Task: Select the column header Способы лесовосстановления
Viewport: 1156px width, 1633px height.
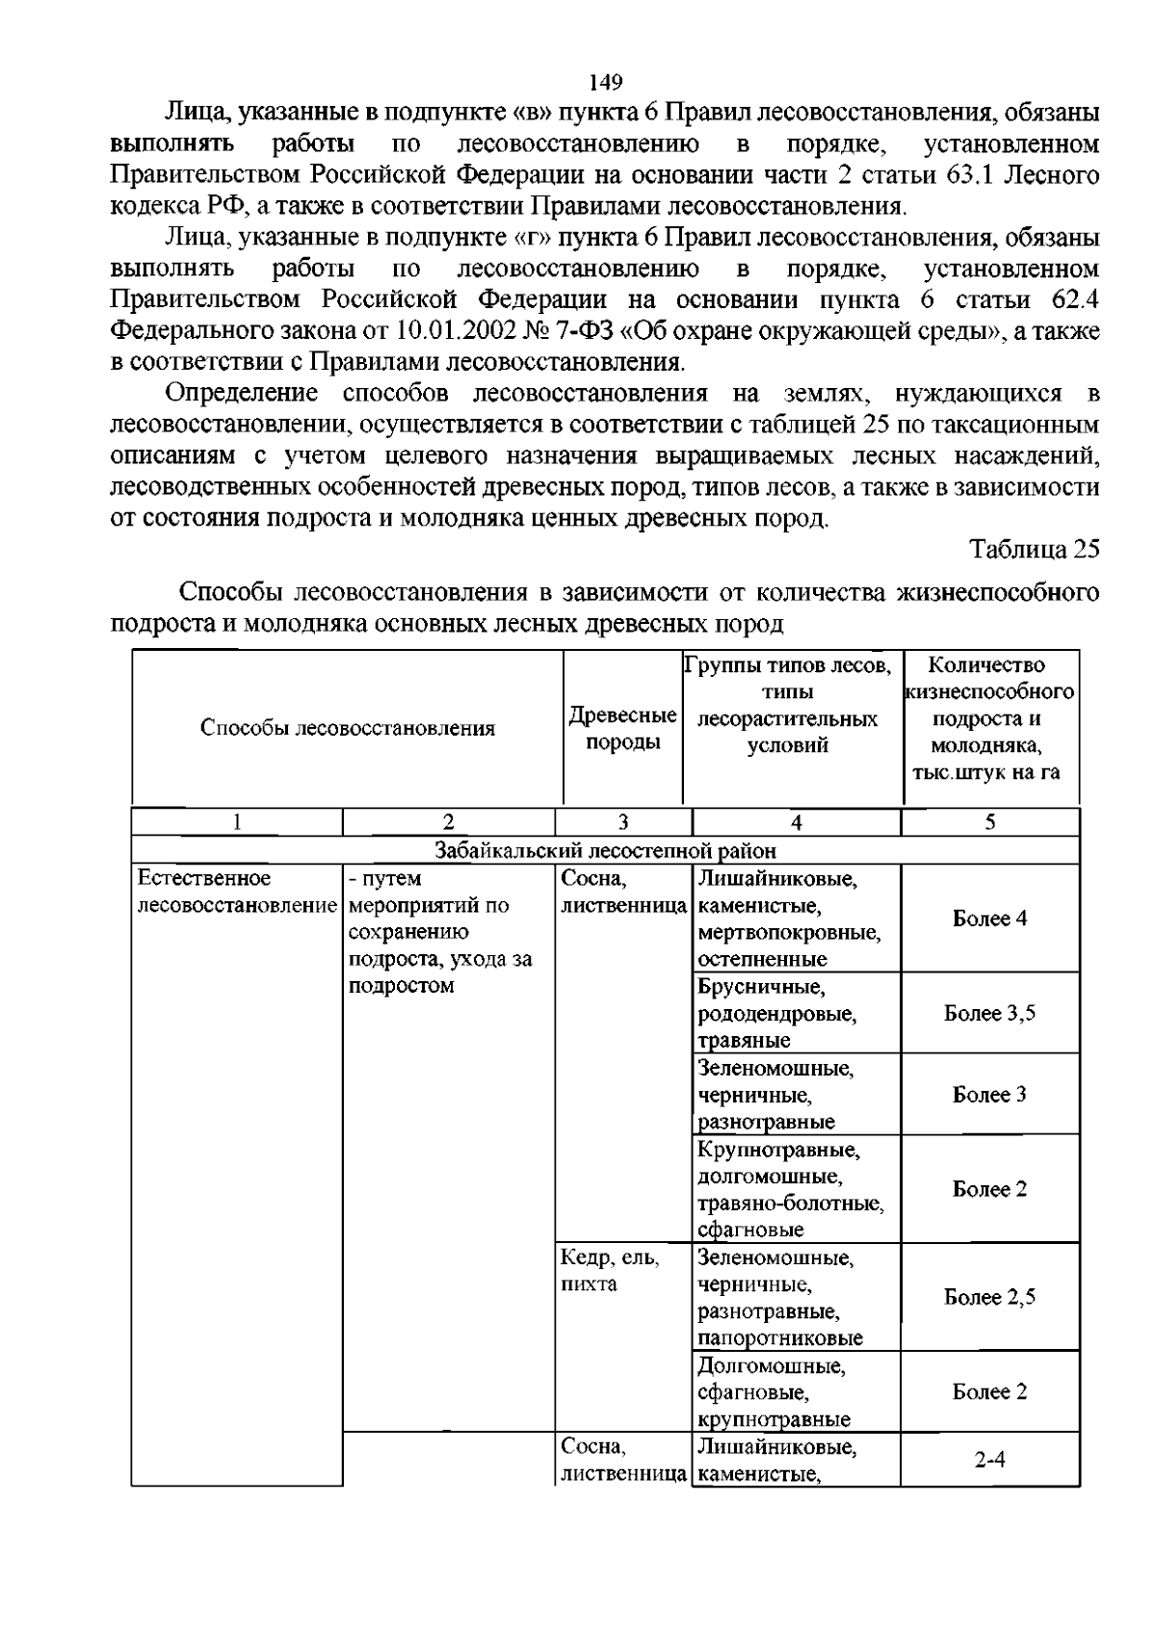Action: [x=348, y=728]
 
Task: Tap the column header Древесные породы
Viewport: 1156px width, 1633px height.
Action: [x=622, y=728]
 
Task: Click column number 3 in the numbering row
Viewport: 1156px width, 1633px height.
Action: [x=622, y=822]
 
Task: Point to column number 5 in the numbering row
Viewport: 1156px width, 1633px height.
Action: [x=989, y=822]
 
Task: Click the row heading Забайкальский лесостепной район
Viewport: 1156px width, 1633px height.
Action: [x=605, y=850]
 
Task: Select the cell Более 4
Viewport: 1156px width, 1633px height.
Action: [x=989, y=919]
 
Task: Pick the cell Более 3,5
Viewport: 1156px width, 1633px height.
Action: [x=989, y=1013]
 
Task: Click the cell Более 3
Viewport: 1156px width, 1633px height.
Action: [x=989, y=1095]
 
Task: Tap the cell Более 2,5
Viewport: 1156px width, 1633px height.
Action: [x=989, y=1297]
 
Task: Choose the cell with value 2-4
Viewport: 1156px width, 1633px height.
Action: [x=989, y=1460]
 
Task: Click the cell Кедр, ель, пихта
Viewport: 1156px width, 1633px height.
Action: [x=611, y=1271]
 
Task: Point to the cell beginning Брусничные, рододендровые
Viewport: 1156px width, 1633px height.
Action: [x=776, y=1013]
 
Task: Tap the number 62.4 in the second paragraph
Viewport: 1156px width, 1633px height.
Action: [x=1067, y=299]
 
